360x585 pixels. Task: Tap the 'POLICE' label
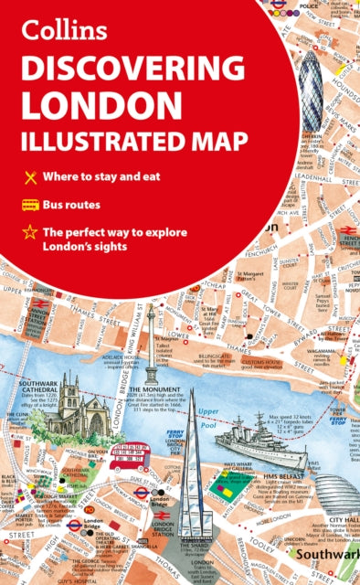coord(310,6)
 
